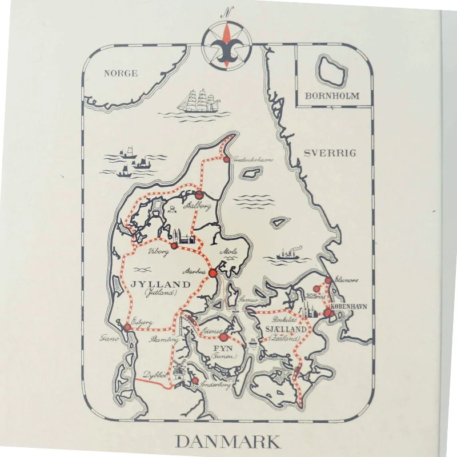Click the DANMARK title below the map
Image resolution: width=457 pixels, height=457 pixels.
coord(227,442)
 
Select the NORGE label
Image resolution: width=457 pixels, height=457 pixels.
coord(121,73)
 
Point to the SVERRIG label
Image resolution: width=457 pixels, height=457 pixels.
coord(330,153)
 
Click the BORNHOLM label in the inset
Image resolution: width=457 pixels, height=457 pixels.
coord(332,95)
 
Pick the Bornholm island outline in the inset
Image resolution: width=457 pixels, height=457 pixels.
coord(330,70)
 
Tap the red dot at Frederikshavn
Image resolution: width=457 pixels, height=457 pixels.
coord(226,159)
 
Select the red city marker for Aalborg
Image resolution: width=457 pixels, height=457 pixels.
coord(199,195)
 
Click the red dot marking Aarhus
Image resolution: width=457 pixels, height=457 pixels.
coord(213,273)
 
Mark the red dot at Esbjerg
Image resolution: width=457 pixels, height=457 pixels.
coord(127,327)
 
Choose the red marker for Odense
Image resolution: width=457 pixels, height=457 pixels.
coord(223,337)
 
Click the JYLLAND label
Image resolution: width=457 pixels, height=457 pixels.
coord(160,284)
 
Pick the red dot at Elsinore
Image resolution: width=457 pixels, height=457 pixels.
coord(328,280)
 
